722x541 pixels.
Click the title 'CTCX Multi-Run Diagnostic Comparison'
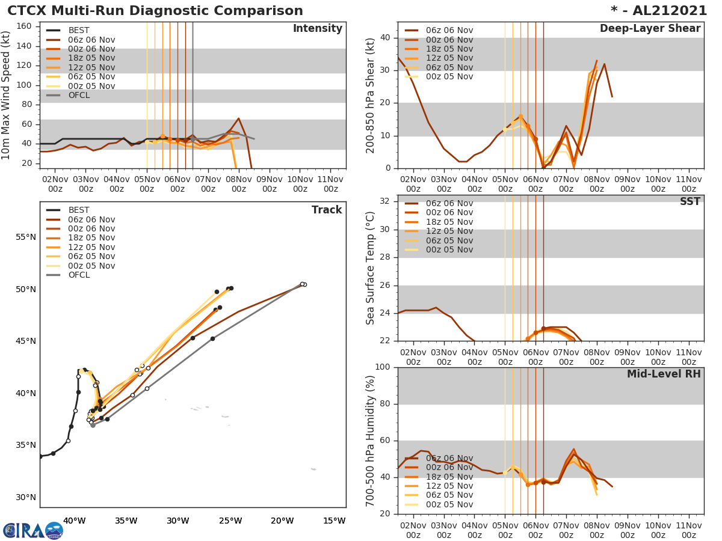155,11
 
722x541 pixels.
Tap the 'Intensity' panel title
317,29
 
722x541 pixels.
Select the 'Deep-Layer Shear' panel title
650,29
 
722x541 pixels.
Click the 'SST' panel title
690,202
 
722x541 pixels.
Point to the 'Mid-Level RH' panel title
663,374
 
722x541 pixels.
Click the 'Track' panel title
326,210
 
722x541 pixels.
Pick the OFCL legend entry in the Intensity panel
79,95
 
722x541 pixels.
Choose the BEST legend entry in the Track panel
79,210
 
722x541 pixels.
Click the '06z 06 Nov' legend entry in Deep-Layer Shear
449,30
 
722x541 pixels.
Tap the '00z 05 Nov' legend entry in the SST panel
449,249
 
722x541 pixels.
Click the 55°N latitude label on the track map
25,237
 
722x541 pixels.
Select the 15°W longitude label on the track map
334,521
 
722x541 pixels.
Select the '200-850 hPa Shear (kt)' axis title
371,94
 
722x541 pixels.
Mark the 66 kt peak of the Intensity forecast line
238,118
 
